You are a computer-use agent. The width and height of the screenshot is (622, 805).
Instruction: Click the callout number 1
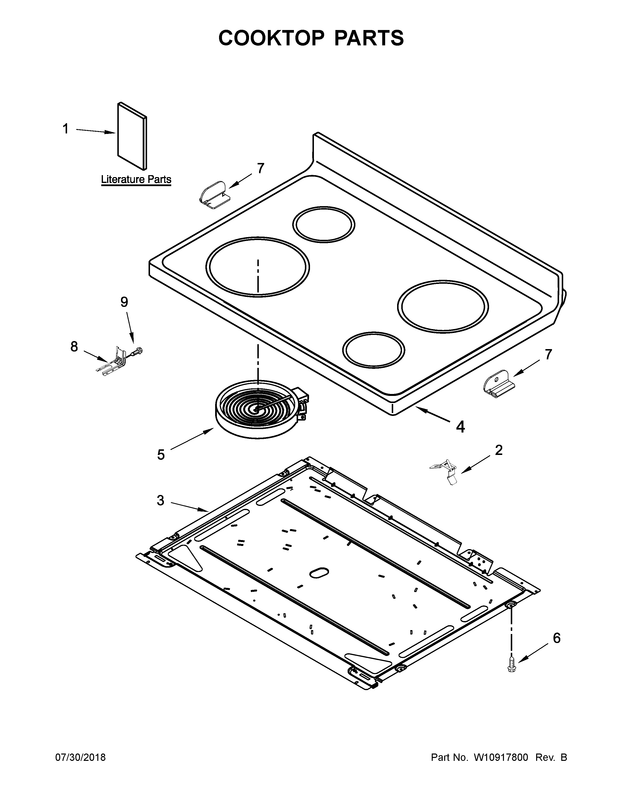click(x=66, y=129)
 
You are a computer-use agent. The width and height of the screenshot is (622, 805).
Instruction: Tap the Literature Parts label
click(x=136, y=180)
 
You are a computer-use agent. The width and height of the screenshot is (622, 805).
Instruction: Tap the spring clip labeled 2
click(x=445, y=471)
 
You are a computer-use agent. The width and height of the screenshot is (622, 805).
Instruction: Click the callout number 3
click(x=160, y=500)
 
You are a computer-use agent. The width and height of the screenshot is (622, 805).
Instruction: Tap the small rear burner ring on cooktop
click(x=323, y=224)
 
